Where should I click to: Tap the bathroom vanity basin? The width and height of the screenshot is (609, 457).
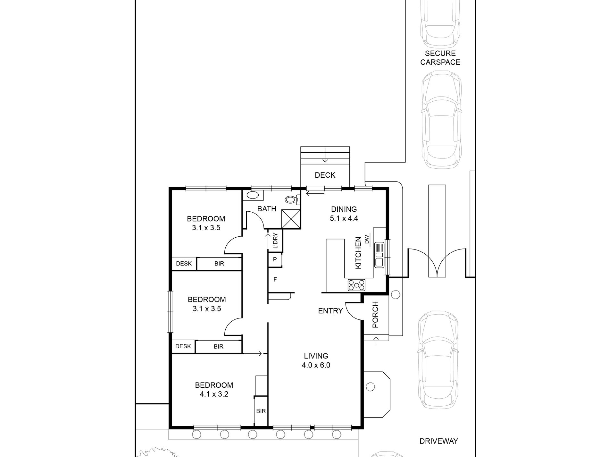coord(253,195)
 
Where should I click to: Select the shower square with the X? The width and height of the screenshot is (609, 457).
coord(291,219)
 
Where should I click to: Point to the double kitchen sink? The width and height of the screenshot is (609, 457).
coord(379,255)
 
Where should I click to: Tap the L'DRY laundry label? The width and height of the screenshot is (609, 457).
coord(275,241)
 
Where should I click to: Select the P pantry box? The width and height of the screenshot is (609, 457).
coord(275,259)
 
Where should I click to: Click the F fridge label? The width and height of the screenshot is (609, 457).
coord(275,280)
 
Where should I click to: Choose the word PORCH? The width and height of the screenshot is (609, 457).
coord(375,315)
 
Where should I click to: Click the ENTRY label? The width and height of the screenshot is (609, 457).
coord(330,311)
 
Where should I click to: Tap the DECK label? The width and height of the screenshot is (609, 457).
coord(325,175)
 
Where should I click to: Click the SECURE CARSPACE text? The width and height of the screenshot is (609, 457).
coord(440,58)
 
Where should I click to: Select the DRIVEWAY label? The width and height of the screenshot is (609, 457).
coord(439,441)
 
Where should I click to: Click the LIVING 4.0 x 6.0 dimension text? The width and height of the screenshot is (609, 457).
coord(316,360)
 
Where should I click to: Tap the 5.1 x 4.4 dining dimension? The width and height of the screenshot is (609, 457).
coord(344,218)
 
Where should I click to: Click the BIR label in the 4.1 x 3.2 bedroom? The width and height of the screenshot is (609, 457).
coord(261,411)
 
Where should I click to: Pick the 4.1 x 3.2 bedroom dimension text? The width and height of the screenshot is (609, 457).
coord(214,394)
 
